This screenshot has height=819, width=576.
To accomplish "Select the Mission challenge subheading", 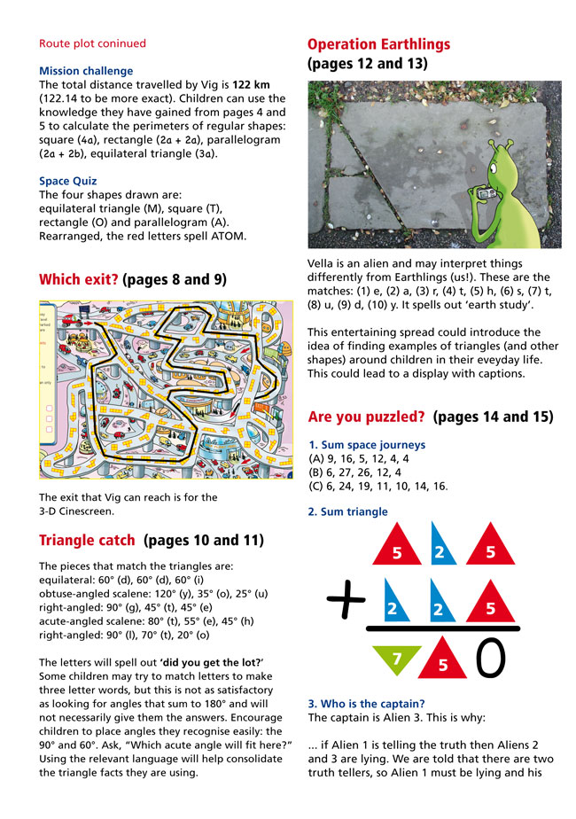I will pyautogui.click(x=86, y=71).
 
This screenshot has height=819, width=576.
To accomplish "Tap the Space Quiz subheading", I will pyautogui.click(x=71, y=183).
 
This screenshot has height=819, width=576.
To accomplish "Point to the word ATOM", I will pyautogui.click(x=233, y=237).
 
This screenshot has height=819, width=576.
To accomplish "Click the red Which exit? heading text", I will pyautogui.click(x=79, y=280).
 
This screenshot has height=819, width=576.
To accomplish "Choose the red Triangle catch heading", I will pyautogui.click(x=87, y=539).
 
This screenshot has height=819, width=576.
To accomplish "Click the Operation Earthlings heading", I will pyautogui.click(x=378, y=44).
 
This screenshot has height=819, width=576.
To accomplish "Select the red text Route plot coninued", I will pyautogui.click(x=93, y=43).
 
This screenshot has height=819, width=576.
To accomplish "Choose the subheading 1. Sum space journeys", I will pyautogui.click(x=367, y=445).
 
